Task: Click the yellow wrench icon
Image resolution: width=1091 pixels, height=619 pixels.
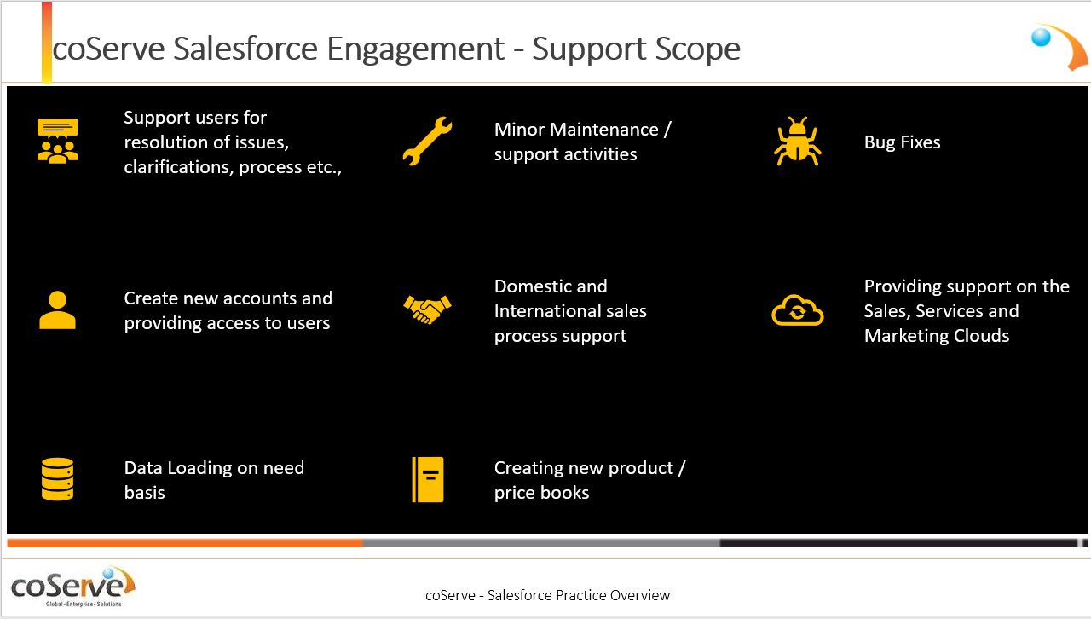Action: click(427, 142)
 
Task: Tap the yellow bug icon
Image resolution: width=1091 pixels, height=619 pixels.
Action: click(797, 142)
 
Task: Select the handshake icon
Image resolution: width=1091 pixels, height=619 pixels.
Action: click(427, 309)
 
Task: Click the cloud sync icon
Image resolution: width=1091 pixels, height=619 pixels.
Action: click(797, 310)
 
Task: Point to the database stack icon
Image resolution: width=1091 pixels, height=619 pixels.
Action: click(57, 479)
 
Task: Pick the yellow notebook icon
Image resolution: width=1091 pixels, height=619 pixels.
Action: click(428, 480)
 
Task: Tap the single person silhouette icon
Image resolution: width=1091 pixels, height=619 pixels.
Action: click(57, 310)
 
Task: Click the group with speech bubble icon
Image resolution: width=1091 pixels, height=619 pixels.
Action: click(57, 141)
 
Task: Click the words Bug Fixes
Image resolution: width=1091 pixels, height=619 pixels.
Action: click(902, 142)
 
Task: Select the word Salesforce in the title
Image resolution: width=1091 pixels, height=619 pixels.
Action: click(245, 49)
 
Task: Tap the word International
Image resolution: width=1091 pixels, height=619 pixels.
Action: click(547, 311)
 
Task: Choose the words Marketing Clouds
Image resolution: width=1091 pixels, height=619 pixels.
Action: click(937, 336)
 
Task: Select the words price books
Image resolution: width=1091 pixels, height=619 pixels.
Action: click(541, 493)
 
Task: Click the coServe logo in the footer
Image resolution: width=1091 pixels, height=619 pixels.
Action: click(72, 587)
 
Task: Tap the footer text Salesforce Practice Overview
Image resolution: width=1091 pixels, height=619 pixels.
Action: click(579, 595)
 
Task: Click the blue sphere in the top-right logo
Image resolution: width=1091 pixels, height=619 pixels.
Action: click(1042, 37)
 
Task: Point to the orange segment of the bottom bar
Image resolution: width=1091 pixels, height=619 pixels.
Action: click(185, 543)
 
